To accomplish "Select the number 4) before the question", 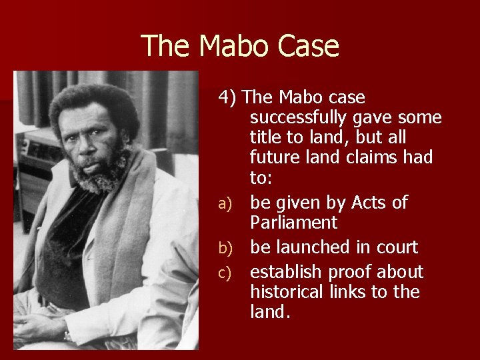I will (228, 97).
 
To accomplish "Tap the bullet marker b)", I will (225, 248).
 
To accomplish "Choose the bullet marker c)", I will (225, 273).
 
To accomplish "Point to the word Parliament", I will (294, 222).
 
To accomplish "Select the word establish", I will (283, 272).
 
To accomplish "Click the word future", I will (275, 158).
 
